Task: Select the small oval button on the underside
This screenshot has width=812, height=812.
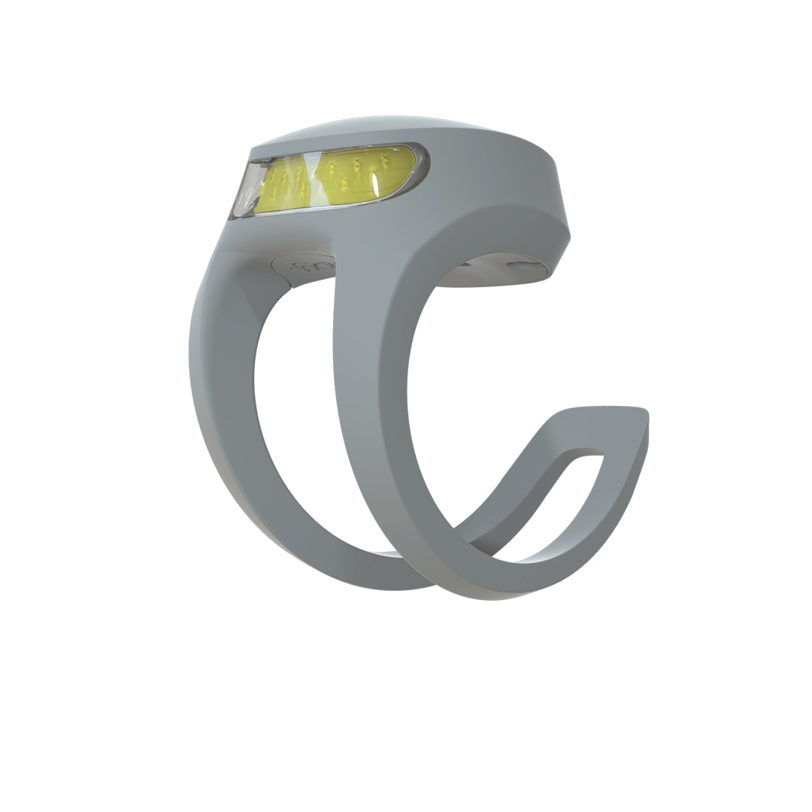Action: click(x=523, y=265)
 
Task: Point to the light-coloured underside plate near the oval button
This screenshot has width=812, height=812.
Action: click(x=489, y=274)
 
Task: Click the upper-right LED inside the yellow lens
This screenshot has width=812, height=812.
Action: click(x=385, y=161)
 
